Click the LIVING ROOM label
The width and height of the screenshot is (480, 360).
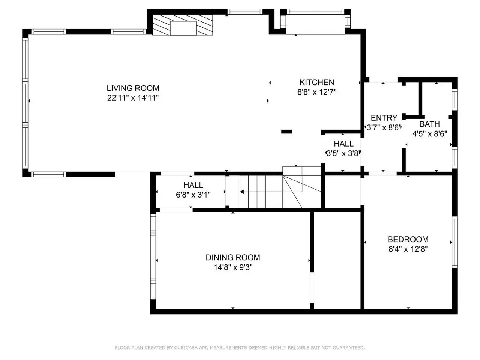point(133,88)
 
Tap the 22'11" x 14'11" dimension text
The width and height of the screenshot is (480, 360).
point(133,98)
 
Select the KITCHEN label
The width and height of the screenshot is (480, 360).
point(317,82)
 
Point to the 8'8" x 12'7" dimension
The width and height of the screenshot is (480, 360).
point(317,92)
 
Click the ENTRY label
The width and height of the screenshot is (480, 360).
point(384,118)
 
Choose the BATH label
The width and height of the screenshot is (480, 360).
point(429,124)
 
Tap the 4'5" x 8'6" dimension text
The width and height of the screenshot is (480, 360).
point(429,134)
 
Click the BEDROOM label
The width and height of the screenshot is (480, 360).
point(408,239)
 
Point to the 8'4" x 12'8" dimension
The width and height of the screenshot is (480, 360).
point(408,249)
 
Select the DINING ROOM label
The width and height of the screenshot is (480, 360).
point(233,258)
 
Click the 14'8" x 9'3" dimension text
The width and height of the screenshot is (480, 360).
point(233,267)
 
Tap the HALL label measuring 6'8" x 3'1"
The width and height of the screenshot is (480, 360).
point(193,185)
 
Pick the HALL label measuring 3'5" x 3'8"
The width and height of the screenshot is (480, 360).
point(344,144)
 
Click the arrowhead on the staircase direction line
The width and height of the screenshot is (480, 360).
point(242,192)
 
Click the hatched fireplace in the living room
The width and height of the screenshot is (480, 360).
point(183,25)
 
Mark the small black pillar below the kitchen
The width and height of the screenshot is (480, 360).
point(286,132)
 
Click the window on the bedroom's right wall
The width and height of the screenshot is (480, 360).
point(454,242)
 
